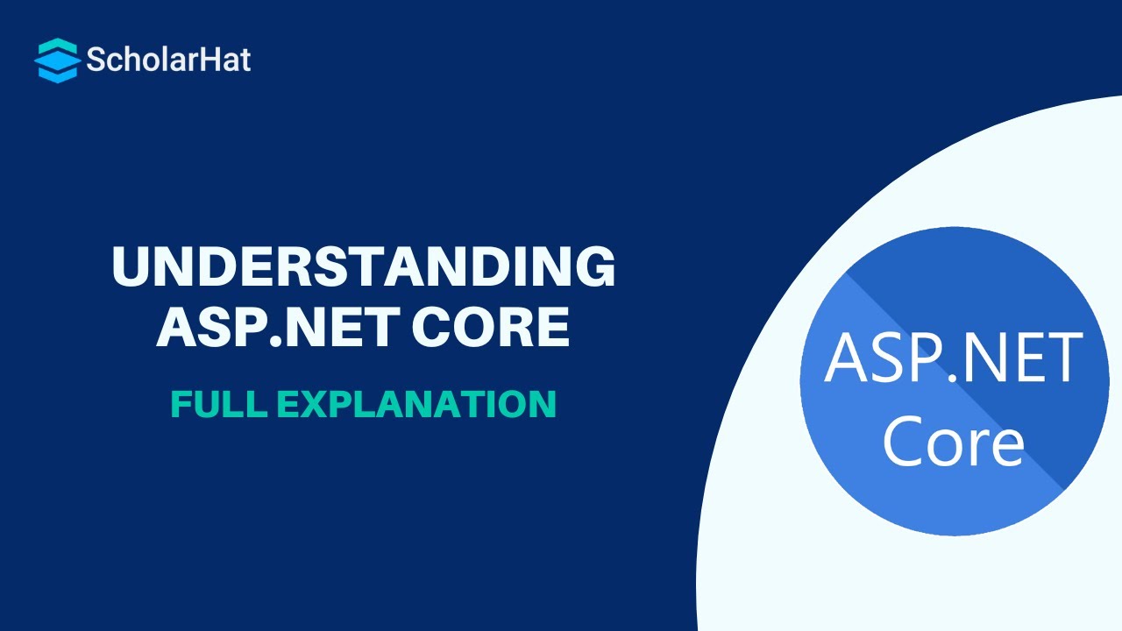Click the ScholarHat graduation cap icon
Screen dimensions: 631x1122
(x=57, y=60)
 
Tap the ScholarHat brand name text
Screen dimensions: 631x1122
(x=168, y=60)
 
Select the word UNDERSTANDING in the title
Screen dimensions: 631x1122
(x=363, y=267)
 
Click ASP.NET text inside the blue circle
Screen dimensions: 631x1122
(x=954, y=360)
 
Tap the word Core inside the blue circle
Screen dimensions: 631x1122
(x=953, y=443)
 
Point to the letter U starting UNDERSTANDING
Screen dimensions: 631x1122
(x=130, y=267)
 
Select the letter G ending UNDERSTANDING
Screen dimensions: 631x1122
(x=596, y=267)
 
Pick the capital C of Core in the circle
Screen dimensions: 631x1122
(x=903, y=443)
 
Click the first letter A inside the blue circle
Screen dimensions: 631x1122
(x=847, y=360)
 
